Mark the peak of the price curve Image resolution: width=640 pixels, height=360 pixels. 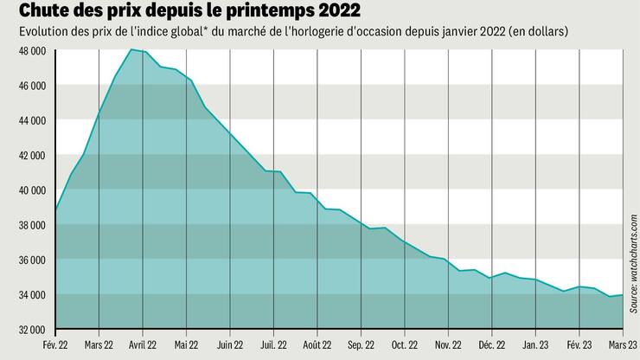tap(131, 50)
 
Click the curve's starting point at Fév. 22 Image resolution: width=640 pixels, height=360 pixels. tap(55, 210)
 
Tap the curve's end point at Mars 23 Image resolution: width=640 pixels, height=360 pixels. tap(622, 295)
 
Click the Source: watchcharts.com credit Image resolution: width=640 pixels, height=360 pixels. tap(632, 260)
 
